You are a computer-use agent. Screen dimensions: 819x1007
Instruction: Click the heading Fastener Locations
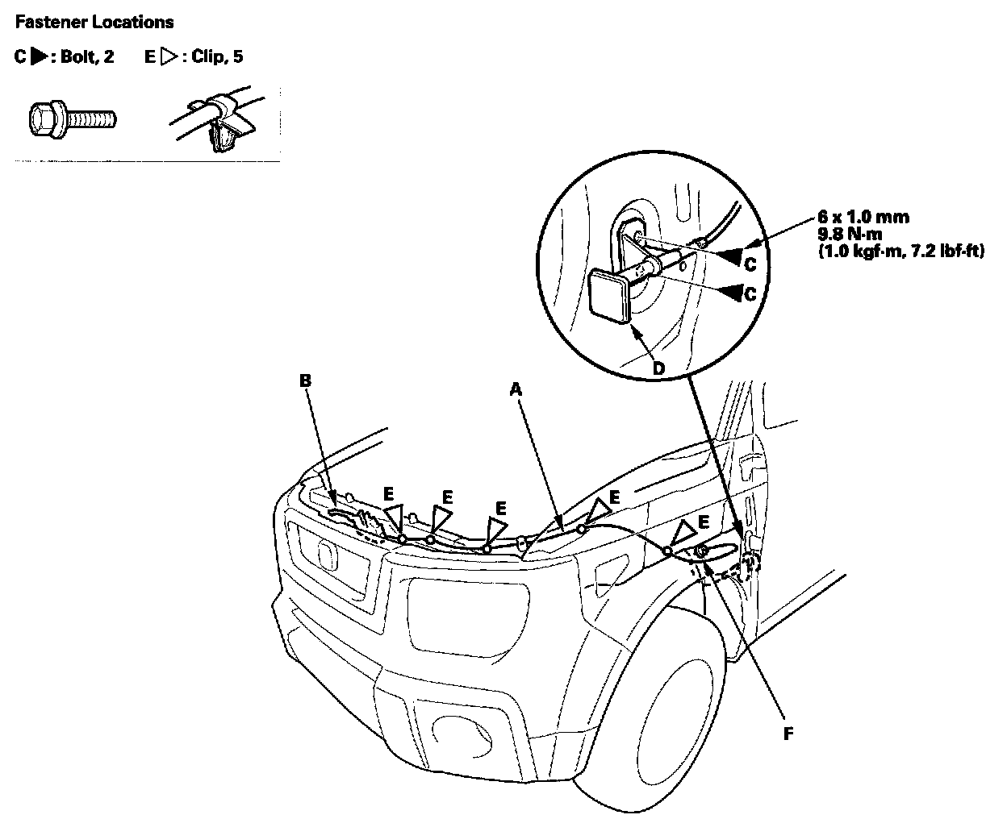[x=94, y=23]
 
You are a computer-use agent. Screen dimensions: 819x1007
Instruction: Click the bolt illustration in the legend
[x=70, y=119]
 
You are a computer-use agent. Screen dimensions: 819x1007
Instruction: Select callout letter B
[x=305, y=380]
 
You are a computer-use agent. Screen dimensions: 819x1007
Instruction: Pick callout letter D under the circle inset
[x=658, y=368]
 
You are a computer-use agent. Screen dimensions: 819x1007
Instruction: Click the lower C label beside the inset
[x=750, y=295]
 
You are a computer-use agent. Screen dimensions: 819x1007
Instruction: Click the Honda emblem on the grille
[x=328, y=556]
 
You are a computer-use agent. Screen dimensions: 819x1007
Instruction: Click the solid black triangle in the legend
[x=37, y=57]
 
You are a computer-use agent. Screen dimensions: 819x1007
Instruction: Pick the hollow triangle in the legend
[x=169, y=57]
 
